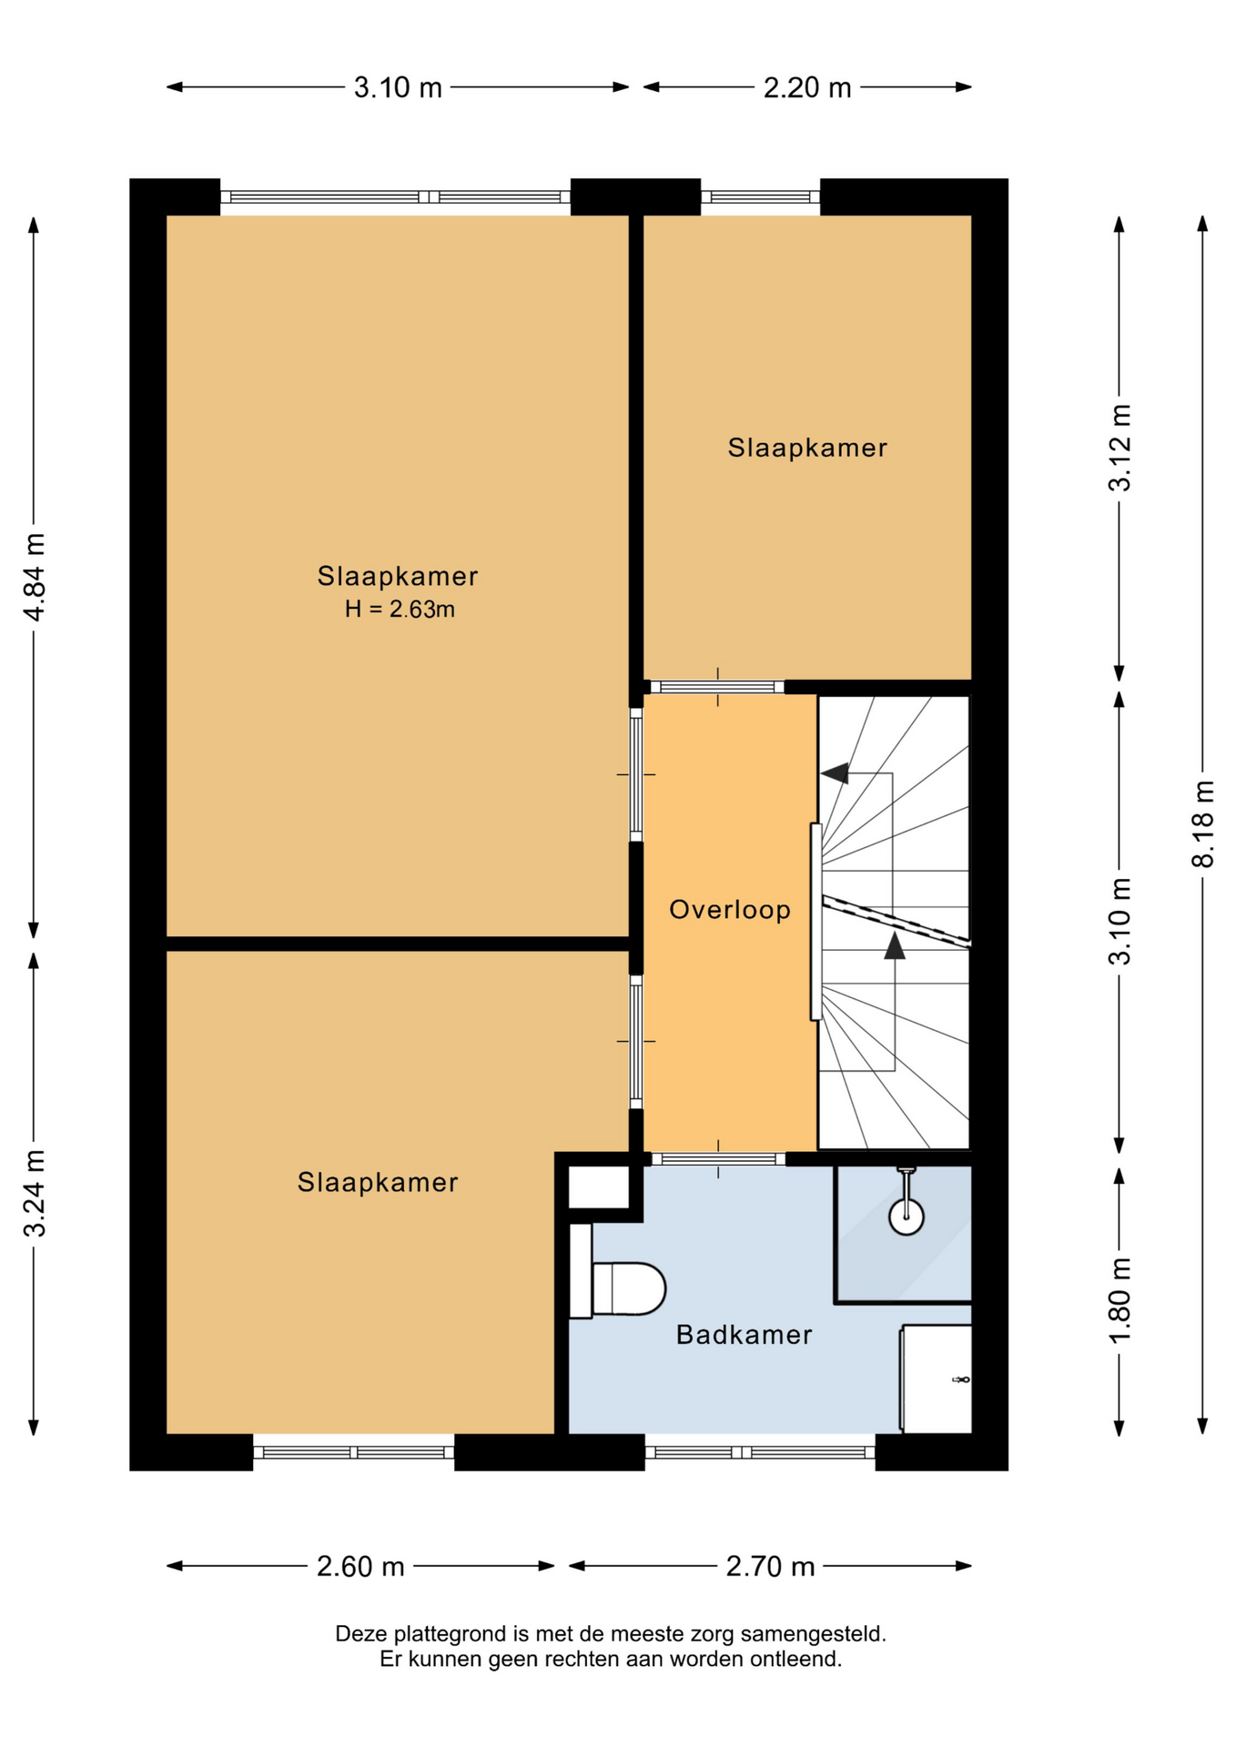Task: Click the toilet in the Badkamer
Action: coord(618,1288)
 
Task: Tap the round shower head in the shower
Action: coord(907,1216)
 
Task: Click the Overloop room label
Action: coord(730,909)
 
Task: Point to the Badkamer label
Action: coord(744,1335)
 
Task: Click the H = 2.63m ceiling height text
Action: coord(400,610)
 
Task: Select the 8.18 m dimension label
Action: coord(1203,823)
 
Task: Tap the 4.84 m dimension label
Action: coord(35,577)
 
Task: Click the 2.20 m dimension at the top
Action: coord(807,87)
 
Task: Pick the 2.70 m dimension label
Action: coord(770,1566)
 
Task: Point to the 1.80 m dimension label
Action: coord(1119,1299)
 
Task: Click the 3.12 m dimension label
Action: coord(1119,448)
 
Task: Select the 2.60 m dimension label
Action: coord(360,1566)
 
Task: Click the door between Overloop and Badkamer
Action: coord(718,1159)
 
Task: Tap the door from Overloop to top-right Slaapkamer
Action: coord(717,687)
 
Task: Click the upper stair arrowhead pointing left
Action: coord(835,773)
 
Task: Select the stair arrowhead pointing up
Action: coord(895,945)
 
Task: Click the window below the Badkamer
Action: coord(760,1452)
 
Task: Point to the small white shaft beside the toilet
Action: coord(598,1187)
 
